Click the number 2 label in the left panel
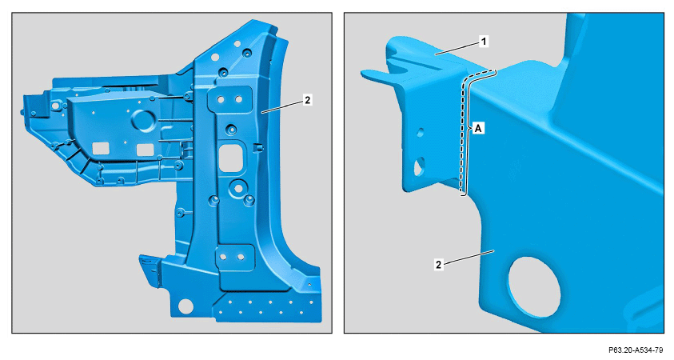point(307,100)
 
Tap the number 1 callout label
point(484,42)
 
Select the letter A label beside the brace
point(478,128)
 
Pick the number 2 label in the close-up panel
point(438,265)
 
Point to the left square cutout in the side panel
point(101,148)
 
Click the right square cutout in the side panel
point(145,150)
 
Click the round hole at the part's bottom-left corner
point(185,306)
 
